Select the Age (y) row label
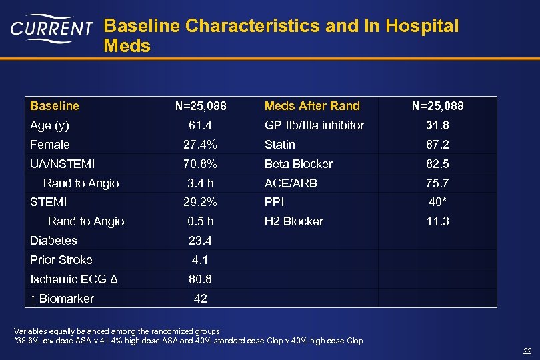click(x=49, y=125)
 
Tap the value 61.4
click(x=200, y=125)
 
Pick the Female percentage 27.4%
click(x=200, y=145)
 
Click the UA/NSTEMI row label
click(x=62, y=164)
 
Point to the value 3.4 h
click(x=200, y=183)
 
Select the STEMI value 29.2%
click(x=200, y=202)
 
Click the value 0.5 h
click(x=200, y=221)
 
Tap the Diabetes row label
click(x=53, y=241)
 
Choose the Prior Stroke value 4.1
click(x=200, y=260)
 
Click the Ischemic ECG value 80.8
click(x=200, y=279)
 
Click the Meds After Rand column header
click(x=311, y=106)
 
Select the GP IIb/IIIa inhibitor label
click(x=314, y=125)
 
